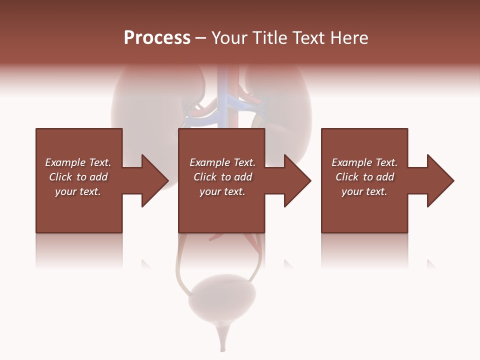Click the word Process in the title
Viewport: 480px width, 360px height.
tap(157, 38)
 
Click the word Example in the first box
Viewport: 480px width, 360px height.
tap(65, 162)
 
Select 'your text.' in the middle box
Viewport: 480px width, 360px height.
tap(222, 191)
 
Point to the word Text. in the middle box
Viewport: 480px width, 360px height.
tap(242, 162)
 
